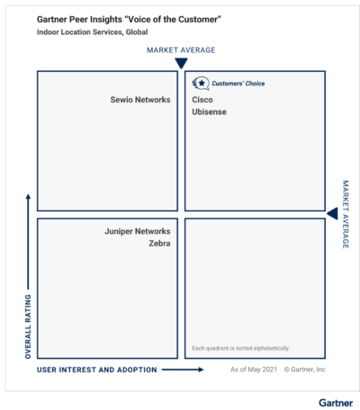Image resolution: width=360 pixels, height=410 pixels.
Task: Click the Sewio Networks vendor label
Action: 140,100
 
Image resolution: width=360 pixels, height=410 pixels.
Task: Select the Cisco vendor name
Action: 202,100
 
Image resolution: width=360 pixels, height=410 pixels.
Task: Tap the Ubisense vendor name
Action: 209,111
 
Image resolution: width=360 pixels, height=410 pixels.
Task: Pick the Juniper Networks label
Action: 138,231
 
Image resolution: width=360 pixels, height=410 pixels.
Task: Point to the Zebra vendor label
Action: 159,244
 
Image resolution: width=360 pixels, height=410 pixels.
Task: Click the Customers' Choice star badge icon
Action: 201,84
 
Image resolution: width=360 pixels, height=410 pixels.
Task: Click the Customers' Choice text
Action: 238,84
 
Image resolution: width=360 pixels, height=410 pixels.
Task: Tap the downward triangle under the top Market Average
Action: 181,63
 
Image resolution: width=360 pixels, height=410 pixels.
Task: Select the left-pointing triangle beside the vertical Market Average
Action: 332,214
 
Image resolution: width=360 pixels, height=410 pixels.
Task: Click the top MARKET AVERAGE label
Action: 181,50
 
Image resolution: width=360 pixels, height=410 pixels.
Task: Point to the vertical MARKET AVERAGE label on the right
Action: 346,214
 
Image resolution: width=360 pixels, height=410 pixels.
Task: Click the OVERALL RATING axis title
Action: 28,326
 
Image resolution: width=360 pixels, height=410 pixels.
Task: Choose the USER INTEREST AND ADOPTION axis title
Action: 97,370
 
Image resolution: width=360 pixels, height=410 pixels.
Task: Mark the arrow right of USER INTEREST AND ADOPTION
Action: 183,370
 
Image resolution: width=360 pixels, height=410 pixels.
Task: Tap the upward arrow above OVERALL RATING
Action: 28,242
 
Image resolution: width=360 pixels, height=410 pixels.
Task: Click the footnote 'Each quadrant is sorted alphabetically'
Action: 241,348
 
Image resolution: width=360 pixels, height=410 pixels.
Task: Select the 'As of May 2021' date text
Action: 254,370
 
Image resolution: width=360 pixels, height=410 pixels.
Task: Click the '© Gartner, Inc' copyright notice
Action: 305,370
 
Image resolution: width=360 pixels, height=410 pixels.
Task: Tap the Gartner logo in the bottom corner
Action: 336,403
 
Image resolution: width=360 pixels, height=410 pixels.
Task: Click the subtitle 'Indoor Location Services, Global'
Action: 93,32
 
